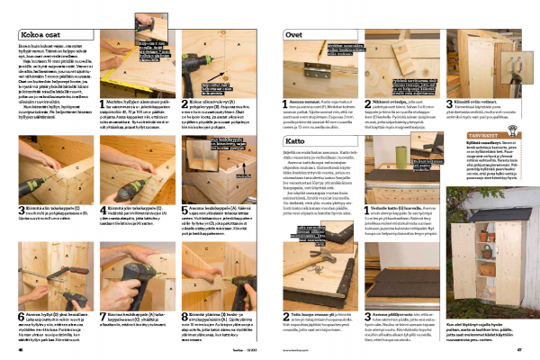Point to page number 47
[x=520, y=350]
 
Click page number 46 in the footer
[x=22, y=350]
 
